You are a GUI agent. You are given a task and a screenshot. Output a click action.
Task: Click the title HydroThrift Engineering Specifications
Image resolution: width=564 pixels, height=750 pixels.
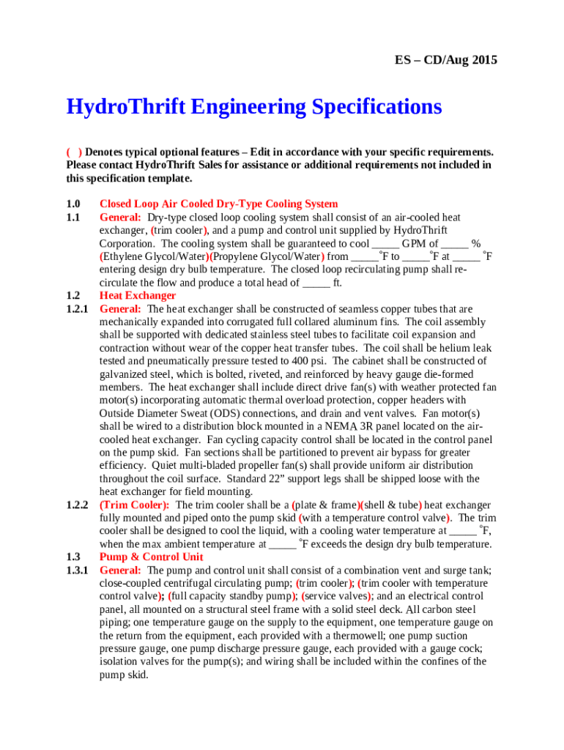pyautogui.click(x=254, y=107)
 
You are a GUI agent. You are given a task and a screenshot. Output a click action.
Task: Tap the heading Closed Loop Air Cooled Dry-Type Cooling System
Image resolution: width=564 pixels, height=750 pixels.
pyautogui.click(x=218, y=204)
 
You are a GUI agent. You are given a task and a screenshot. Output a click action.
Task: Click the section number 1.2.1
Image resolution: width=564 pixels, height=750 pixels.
pyautogui.click(x=77, y=309)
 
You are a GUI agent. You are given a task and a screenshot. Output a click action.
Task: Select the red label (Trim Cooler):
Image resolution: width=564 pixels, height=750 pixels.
pyautogui.click(x=135, y=505)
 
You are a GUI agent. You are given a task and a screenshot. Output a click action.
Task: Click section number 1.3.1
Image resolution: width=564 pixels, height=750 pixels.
pyautogui.click(x=77, y=570)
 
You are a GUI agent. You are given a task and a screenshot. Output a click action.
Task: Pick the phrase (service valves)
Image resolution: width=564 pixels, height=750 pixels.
pyautogui.click(x=338, y=596)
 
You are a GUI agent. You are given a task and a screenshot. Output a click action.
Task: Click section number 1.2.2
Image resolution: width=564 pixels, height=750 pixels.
pyautogui.click(x=77, y=505)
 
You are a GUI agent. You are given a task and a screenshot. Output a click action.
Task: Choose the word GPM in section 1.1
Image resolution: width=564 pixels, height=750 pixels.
pyautogui.click(x=415, y=243)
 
